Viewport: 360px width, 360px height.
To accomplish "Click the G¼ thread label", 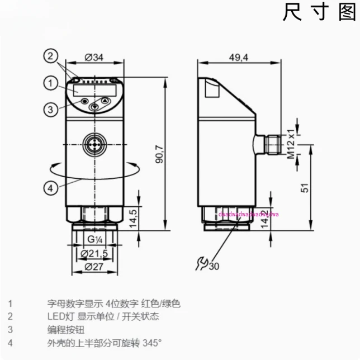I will (x=94, y=240).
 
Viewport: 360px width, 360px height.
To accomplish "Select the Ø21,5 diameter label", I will (x=95, y=254).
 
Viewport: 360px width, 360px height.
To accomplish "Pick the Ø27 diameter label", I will (x=95, y=267).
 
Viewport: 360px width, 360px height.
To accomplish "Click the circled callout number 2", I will (x=50, y=56).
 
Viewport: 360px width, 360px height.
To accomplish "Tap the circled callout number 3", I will (x=50, y=110).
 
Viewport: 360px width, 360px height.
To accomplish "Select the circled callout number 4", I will (x=50, y=188).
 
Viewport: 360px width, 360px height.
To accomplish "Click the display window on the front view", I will (x=94, y=89).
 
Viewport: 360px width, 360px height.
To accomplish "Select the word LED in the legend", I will (x=54, y=316).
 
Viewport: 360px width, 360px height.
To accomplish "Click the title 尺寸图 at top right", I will (x=319, y=12).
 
